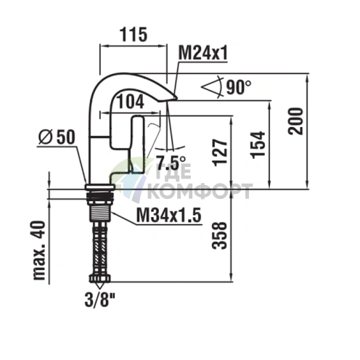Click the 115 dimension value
(x=134, y=35)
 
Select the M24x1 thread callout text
(x=202, y=53)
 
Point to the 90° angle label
(x=239, y=87)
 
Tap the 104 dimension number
(x=131, y=102)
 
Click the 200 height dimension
(x=295, y=121)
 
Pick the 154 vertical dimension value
(x=258, y=145)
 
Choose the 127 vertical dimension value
(x=220, y=152)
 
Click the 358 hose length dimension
(x=219, y=235)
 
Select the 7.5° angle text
(x=171, y=163)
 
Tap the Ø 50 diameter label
(x=57, y=137)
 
